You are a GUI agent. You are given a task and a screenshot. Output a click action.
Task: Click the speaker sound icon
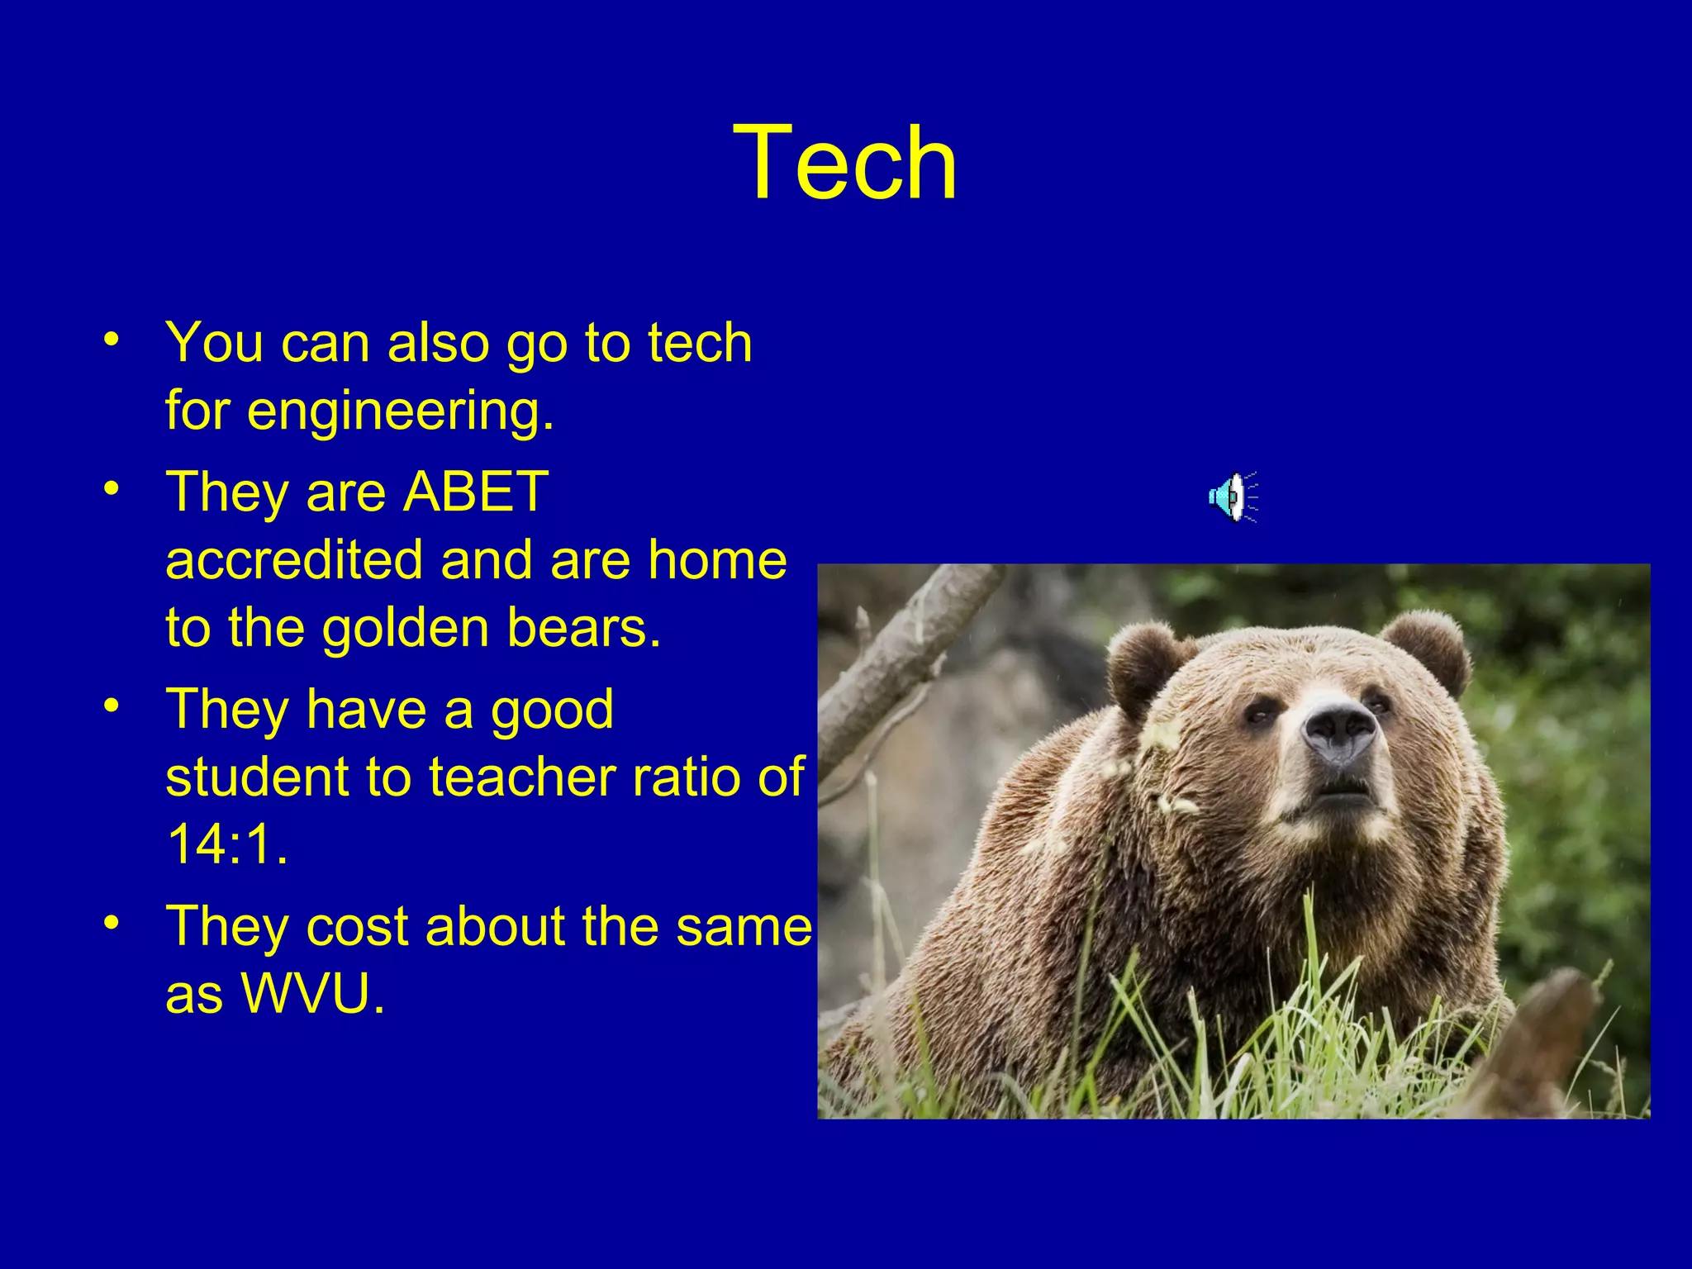[1232, 497]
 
